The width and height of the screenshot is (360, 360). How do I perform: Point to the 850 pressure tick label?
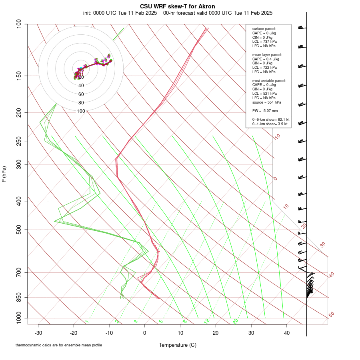point(19,298)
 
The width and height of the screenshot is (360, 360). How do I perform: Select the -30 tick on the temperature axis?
point(38,333)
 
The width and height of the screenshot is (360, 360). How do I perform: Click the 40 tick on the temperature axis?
point(287,333)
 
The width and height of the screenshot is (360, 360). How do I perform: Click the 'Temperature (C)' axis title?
point(178,345)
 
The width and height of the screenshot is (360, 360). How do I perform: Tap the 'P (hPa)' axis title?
point(4,174)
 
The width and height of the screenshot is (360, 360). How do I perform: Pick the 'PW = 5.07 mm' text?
point(265,111)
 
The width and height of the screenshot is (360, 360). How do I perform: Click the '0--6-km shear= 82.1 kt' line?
point(271,120)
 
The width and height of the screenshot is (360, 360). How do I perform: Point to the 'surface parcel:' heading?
point(264,29)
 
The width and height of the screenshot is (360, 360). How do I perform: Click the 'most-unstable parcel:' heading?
point(269,80)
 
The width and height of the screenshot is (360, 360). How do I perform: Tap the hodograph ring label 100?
point(81,111)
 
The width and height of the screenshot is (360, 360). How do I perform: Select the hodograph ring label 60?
point(81,94)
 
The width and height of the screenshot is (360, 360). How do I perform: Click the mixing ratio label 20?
point(235,321)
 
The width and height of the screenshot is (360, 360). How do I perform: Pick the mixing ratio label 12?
point(207,321)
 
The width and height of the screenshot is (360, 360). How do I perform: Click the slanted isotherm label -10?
point(277,137)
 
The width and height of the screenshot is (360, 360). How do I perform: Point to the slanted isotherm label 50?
point(331,315)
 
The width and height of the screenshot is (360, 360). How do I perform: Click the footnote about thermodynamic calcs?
point(58,345)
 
